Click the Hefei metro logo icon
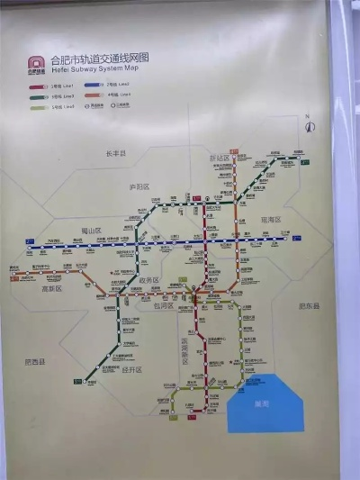point(35,66)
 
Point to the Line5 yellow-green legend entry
point(44,105)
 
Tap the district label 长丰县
point(117,154)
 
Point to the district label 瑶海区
point(271,219)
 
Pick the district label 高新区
point(52,289)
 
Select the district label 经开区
point(132,369)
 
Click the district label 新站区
point(221,158)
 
